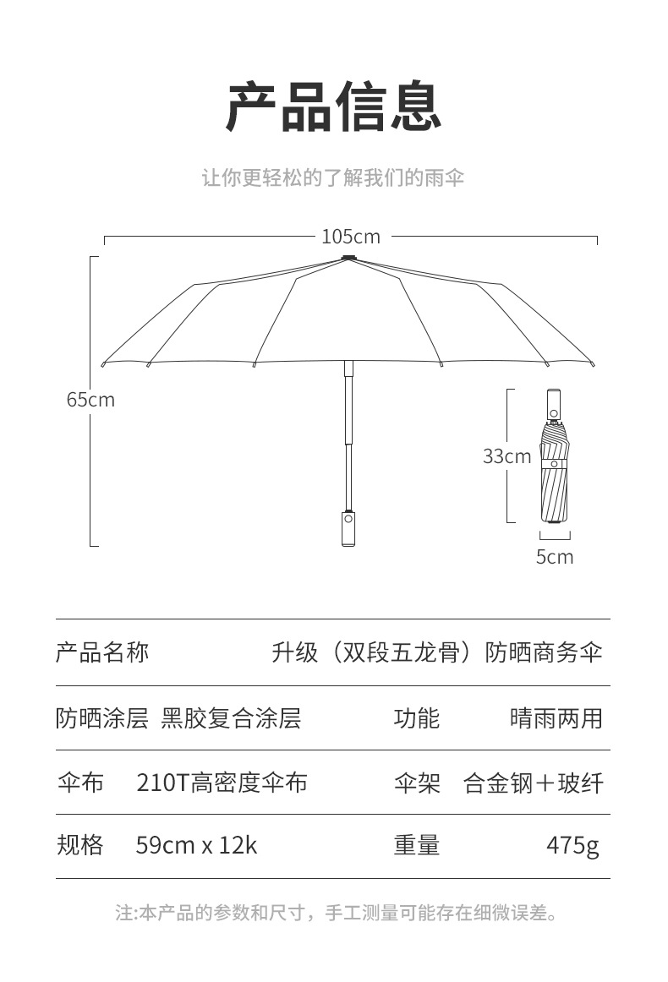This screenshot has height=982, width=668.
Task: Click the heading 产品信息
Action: coord(333,107)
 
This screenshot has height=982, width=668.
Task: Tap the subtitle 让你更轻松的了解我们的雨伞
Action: coord(333,177)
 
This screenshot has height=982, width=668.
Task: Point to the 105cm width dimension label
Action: coord(351,237)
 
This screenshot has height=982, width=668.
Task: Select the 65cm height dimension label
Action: coord(90,400)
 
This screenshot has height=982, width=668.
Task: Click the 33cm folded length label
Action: coord(507,456)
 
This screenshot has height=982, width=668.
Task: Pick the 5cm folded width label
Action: coord(555,557)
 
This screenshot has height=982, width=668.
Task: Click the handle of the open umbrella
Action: coord(348,528)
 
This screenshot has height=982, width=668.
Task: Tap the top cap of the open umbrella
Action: coord(349,257)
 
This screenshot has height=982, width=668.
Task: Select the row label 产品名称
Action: coord(103,652)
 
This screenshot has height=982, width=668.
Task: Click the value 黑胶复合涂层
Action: coord(231,718)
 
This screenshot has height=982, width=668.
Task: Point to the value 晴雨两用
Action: coord(556,718)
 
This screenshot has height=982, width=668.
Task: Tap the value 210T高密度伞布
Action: coord(222,783)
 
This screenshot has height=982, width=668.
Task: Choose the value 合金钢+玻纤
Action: coord(534,783)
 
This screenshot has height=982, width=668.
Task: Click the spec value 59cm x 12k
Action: coord(196,845)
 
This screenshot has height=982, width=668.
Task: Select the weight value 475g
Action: coord(572,846)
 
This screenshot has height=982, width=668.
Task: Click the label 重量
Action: coord(417,845)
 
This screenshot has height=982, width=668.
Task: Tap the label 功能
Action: coord(417,718)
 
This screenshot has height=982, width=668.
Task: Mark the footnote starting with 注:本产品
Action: coord(337,913)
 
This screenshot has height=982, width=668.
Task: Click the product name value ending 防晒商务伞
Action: coord(437,652)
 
